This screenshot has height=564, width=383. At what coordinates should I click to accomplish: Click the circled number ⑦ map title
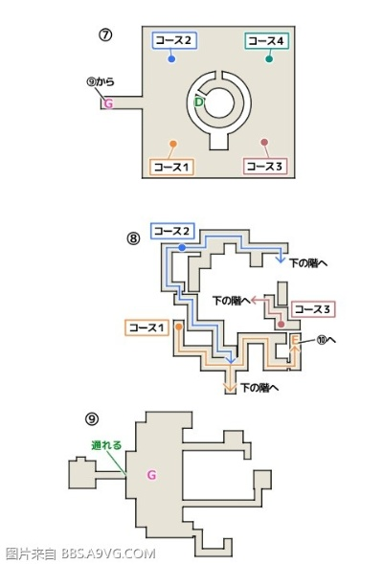tap(106, 35)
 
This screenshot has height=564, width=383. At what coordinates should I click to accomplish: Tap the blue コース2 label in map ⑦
tap(173, 40)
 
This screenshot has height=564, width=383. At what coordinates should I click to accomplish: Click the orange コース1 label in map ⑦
tap(171, 166)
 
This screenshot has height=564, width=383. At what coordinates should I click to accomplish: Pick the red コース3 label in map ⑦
tap(264, 166)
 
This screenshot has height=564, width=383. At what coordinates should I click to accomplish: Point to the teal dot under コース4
tap(269, 59)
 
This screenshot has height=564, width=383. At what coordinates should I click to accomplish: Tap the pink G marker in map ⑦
tap(108, 102)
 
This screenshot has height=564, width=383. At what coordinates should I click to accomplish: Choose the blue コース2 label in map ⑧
tap(172, 231)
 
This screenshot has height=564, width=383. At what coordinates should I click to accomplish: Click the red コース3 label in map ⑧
tap(312, 308)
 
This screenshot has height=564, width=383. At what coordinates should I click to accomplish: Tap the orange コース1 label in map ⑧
tap(146, 327)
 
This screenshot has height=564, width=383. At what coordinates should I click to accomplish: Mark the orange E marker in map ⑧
tap(295, 341)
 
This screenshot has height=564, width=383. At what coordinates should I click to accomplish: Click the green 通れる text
tap(105, 444)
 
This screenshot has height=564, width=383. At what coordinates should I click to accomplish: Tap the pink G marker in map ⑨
tap(150, 474)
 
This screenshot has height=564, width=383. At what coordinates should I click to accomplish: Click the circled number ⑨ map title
tap(91, 418)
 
